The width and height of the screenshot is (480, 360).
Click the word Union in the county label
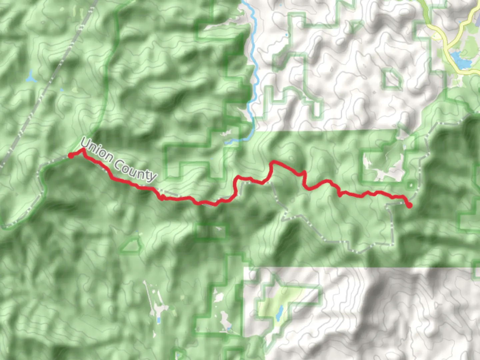pyautogui.click(x=97, y=151)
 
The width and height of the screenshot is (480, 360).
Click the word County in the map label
pyautogui.click(x=135, y=170)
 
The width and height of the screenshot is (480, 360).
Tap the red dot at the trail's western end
pyautogui.click(x=71, y=155)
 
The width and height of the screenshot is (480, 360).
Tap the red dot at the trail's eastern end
pyautogui.click(x=409, y=205)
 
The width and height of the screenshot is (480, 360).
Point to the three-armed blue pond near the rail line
pyautogui.click(x=31, y=77)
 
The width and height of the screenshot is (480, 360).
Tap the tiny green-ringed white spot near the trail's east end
pyautogui.click(x=411, y=184)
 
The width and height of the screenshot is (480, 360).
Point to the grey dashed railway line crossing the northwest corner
pyautogui.click(x=50, y=83)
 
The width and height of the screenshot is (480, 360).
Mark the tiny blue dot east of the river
pyautogui.click(x=286, y=35)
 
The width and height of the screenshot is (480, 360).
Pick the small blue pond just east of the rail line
pyautogui.click(x=62, y=90)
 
